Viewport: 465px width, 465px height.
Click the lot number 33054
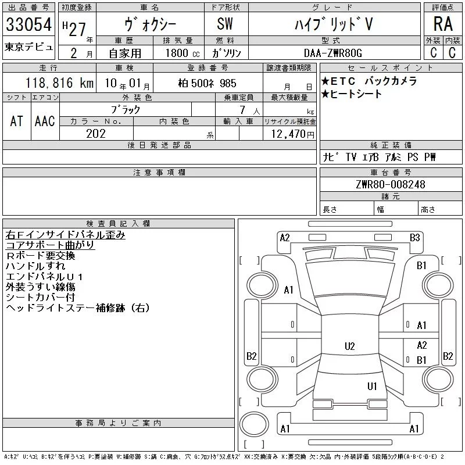[28, 24]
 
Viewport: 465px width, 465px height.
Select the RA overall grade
[443, 24]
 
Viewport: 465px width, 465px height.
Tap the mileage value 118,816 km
[59, 83]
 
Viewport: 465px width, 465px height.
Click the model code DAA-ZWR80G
[333, 53]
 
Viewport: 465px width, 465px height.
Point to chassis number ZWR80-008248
[391, 184]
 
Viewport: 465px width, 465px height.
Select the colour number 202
[96, 134]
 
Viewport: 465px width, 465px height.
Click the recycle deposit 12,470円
[292, 134]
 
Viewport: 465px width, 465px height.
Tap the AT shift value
[17, 121]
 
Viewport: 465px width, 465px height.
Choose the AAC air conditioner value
[45, 121]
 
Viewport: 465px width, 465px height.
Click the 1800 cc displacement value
[183, 53]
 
